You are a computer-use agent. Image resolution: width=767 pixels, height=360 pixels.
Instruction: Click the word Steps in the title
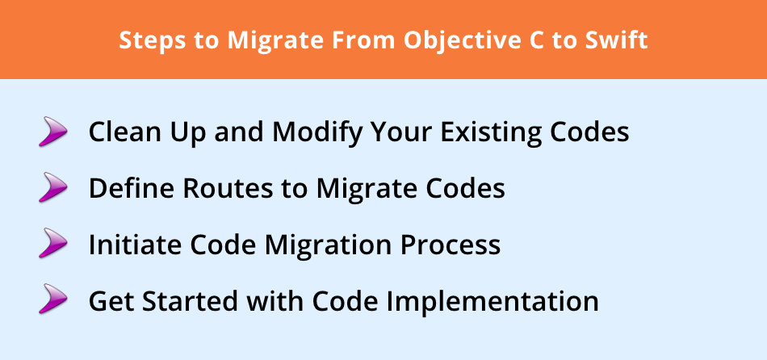coord(152,40)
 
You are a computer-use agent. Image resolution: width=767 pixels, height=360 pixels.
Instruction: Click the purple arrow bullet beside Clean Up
coord(52,131)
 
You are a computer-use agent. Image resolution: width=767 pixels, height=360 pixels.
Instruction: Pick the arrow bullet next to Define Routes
coord(52,186)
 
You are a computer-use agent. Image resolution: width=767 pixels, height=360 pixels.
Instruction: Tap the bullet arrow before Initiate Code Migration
coord(52,243)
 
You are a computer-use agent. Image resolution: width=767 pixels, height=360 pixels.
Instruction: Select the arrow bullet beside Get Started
coord(52,299)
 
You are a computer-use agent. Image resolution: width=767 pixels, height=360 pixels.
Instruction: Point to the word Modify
coord(318,132)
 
